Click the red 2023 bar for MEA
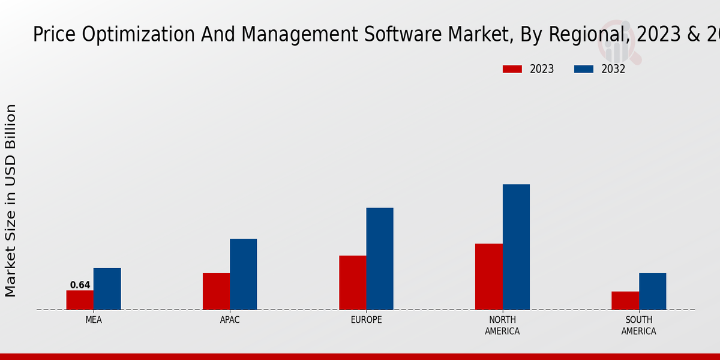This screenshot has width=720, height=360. (x=80, y=300)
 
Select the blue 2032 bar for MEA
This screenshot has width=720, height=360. (x=107, y=289)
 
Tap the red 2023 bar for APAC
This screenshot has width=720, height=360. (x=216, y=291)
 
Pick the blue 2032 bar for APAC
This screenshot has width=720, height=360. (x=243, y=274)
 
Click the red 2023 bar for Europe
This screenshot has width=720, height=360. (x=352, y=283)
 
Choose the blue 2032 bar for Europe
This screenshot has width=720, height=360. (x=380, y=259)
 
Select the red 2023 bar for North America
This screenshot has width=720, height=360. (x=488, y=277)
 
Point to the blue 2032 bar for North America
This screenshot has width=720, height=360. (x=516, y=247)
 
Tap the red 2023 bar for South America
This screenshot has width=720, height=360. (x=625, y=301)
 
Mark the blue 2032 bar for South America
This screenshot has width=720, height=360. (x=652, y=291)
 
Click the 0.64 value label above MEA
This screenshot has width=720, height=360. (x=80, y=285)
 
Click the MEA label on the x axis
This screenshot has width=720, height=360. (x=94, y=320)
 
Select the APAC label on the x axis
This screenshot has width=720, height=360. (x=230, y=320)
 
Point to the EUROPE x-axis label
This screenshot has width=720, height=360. (x=366, y=320)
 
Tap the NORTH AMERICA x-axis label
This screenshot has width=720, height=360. (x=502, y=325)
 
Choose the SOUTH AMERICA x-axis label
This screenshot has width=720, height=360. (x=638, y=325)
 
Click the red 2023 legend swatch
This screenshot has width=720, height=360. (x=512, y=69)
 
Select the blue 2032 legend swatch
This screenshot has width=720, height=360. (x=583, y=69)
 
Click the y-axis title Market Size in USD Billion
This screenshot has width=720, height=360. (x=11, y=200)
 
